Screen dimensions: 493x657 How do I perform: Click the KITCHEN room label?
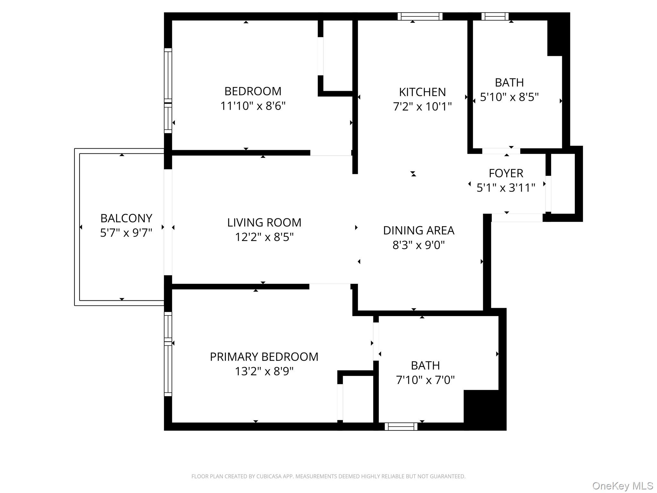click(x=422, y=92)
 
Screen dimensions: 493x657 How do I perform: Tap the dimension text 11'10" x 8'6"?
click(x=253, y=106)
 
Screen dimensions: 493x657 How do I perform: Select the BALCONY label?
click(x=126, y=218)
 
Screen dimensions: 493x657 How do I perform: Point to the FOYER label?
click(x=506, y=173)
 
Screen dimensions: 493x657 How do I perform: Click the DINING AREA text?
click(x=419, y=230)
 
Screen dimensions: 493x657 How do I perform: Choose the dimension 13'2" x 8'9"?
click(x=264, y=371)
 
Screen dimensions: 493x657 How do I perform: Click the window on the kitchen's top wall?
click(x=420, y=16)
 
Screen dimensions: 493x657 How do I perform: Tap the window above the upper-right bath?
click(x=495, y=16)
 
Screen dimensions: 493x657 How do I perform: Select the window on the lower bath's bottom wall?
click(x=401, y=426)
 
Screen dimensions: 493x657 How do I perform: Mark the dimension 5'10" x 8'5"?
click(x=509, y=97)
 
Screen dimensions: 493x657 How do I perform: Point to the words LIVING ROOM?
click(x=264, y=222)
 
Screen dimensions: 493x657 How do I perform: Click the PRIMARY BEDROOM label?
click(x=264, y=357)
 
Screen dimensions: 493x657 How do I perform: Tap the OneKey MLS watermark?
click(x=622, y=486)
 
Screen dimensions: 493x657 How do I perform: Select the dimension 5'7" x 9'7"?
click(x=126, y=233)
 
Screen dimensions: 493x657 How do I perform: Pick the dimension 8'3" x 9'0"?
click(x=419, y=245)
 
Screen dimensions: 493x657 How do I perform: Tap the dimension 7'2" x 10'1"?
click(x=422, y=107)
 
